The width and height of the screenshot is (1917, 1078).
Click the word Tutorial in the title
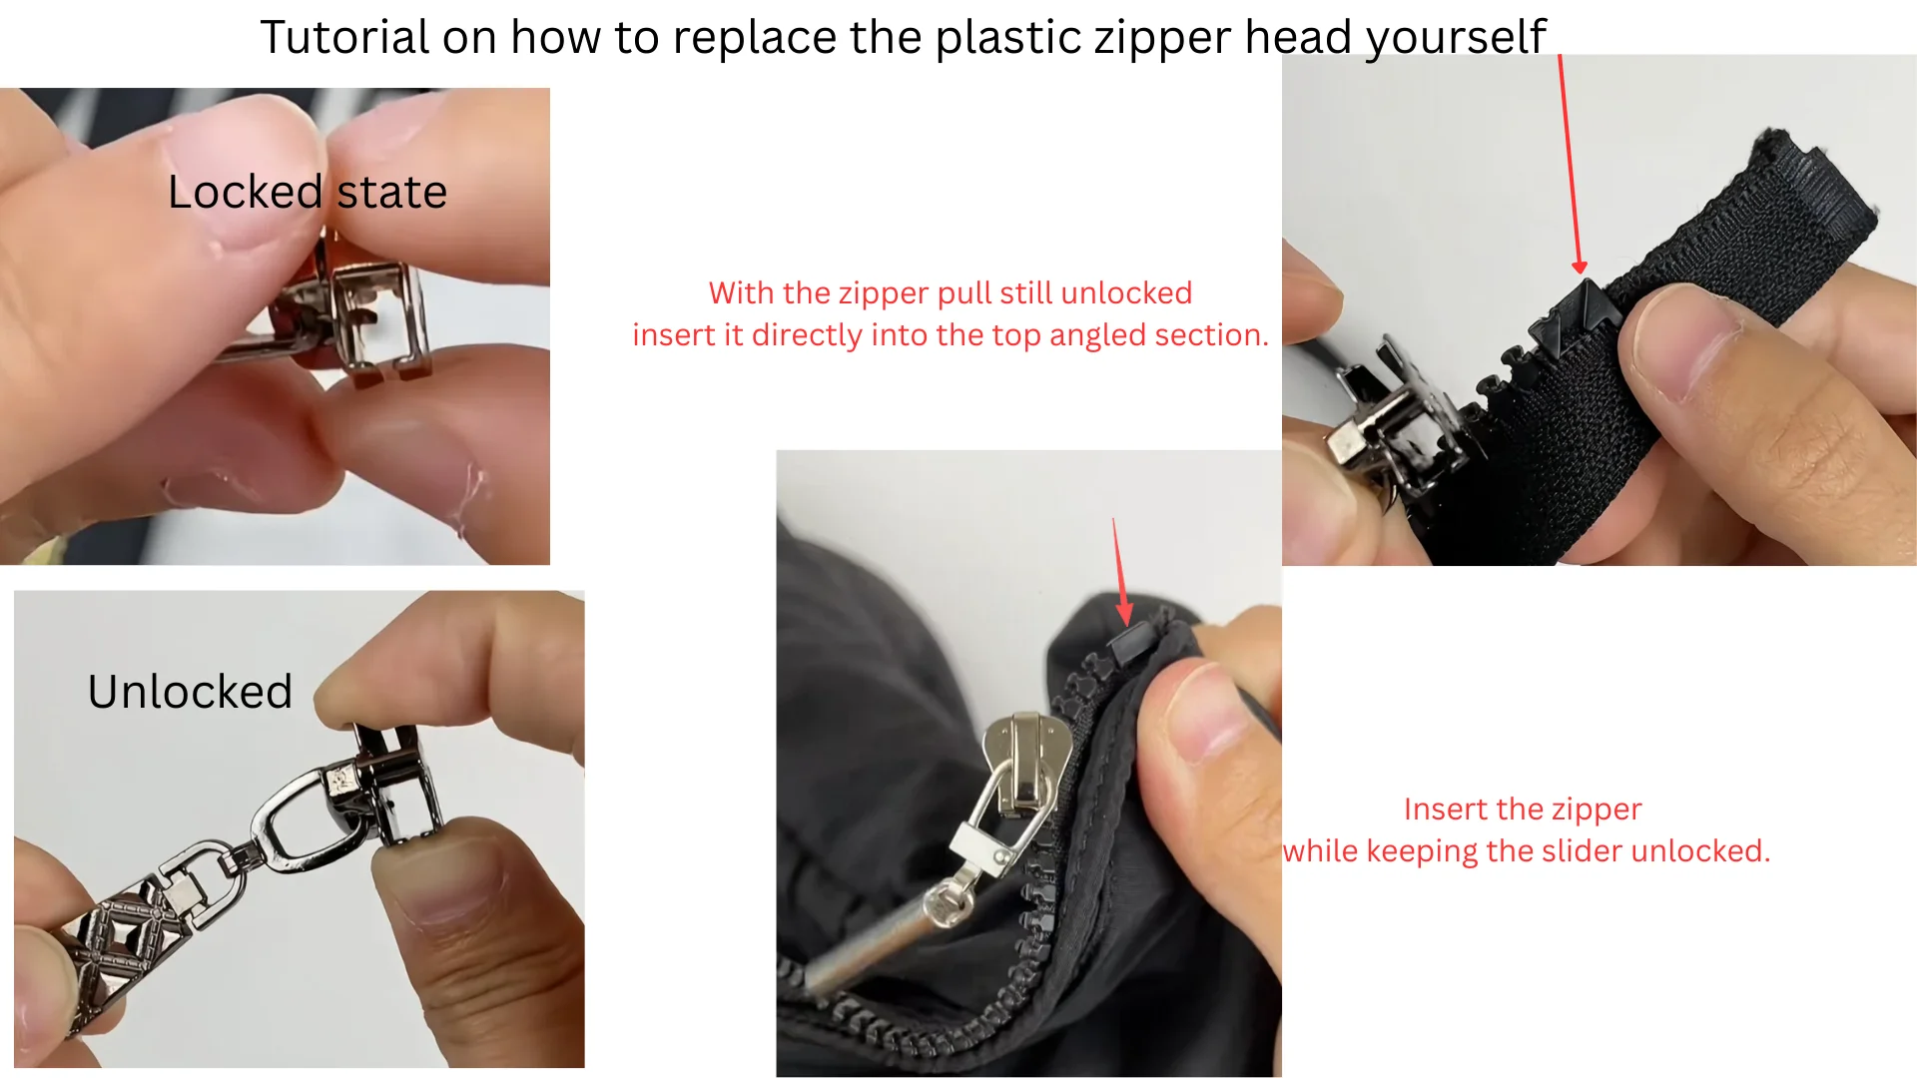pos(344,38)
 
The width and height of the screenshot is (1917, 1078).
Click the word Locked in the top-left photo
pos(245,192)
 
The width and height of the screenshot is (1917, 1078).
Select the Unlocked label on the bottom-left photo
pos(190,692)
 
